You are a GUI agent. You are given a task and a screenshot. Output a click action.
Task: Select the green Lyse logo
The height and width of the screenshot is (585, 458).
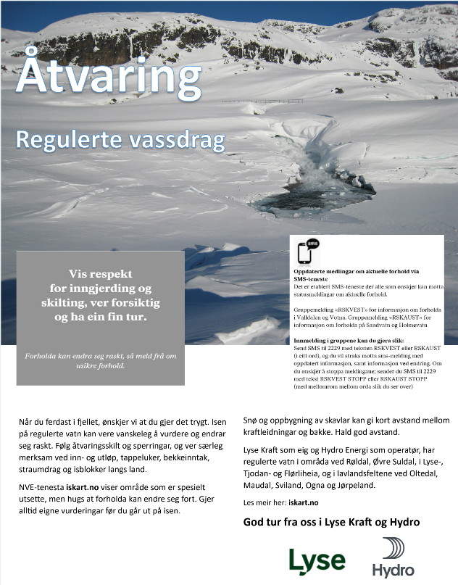tap(317, 560)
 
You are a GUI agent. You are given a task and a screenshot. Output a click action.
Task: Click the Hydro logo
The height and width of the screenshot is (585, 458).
tap(393, 557)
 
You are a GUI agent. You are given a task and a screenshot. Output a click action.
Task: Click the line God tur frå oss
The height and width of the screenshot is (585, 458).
tap(331, 522)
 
